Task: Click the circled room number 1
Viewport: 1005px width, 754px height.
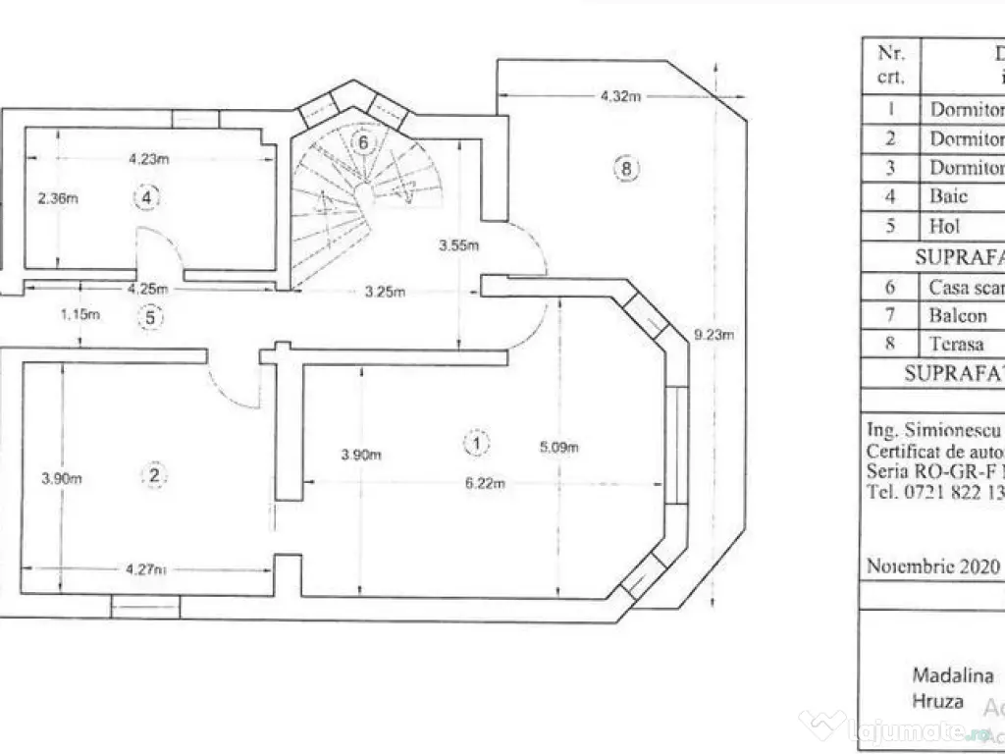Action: pyautogui.click(x=476, y=444)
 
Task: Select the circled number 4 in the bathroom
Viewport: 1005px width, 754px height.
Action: pyautogui.click(x=145, y=198)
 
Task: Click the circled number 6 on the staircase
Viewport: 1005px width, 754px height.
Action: pyautogui.click(x=363, y=142)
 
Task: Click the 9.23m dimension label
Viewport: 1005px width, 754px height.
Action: pyautogui.click(x=714, y=335)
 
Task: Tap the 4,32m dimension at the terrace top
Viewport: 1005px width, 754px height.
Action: pyautogui.click(x=620, y=96)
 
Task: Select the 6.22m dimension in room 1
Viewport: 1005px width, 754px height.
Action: pyautogui.click(x=487, y=482)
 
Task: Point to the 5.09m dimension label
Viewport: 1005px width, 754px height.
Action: pyautogui.click(x=558, y=448)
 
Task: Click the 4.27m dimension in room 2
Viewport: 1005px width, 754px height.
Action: pyautogui.click(x=145, y=568)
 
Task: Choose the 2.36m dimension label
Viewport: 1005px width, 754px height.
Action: pyautogui.click(x=57, y=198)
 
